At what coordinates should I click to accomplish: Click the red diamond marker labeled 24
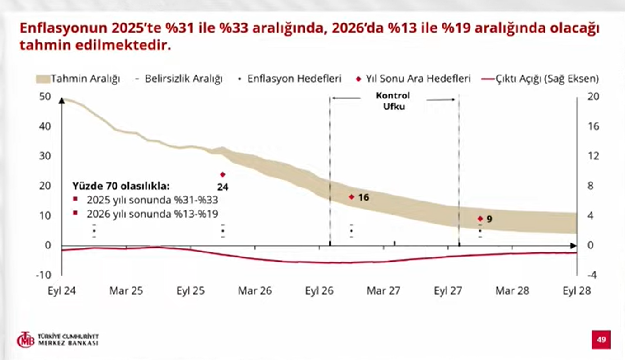222,174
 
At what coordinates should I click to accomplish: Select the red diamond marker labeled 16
351,197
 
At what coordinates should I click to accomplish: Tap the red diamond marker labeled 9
480,219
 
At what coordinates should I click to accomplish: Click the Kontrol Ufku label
393,102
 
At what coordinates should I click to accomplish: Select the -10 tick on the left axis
43,275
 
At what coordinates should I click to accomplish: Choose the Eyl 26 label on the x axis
319,291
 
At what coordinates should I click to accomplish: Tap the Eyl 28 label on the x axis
577,291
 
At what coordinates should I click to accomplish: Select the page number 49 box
601,340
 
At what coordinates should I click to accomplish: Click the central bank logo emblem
26,339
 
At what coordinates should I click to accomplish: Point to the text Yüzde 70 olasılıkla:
121,186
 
